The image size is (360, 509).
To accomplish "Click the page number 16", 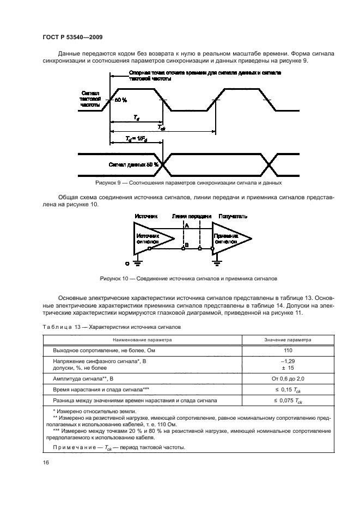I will click(45, 462).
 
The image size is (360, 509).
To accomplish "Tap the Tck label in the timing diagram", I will click(162, 128).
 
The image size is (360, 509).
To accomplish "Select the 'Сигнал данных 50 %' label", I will click(133, 164).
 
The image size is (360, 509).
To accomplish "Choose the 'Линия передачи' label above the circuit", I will click(191, 217).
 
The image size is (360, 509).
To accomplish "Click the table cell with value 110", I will click(288, 350).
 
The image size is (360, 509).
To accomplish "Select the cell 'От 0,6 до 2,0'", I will click(288, 378).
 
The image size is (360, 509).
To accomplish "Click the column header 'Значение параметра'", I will click(288, 339).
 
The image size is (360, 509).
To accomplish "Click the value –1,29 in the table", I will click(288, 361).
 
